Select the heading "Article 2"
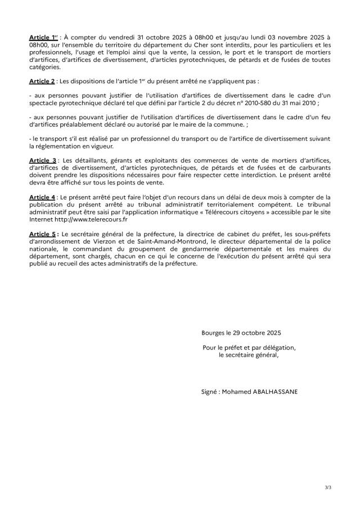42,82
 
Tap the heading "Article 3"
43,161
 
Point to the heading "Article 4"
42,197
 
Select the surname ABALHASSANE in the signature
276,389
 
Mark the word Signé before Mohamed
210,389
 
